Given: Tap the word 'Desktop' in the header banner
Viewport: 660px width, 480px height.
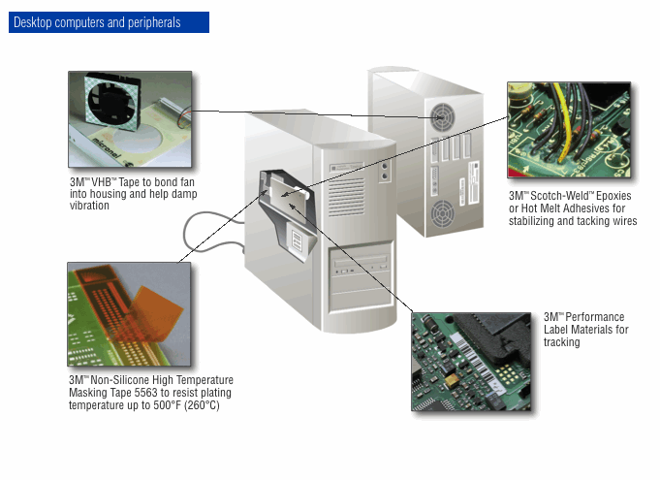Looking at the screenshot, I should click(x=36, y=22).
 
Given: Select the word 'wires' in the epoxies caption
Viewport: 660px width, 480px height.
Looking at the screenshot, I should click(x=621, y=221).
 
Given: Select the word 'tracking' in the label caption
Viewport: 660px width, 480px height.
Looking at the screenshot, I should click(x=562, y=342).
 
